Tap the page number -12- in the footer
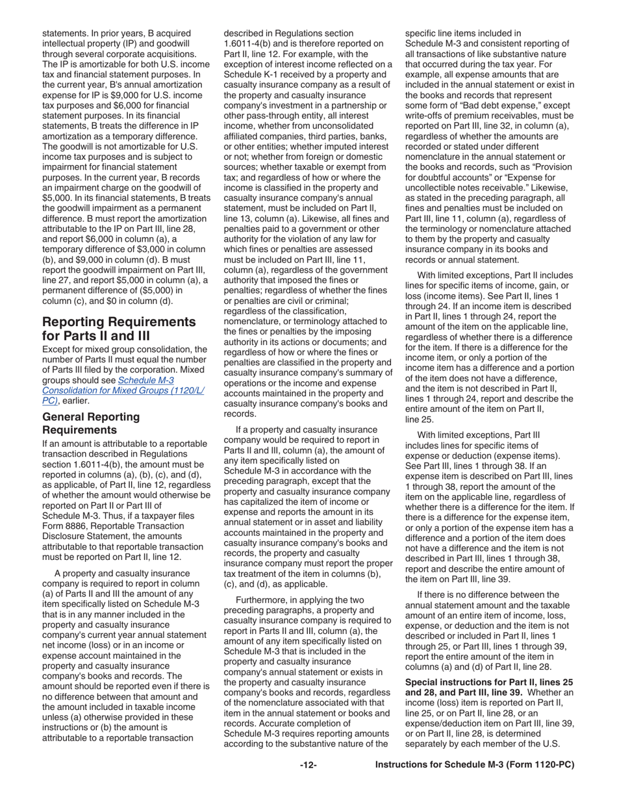[308, 765]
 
